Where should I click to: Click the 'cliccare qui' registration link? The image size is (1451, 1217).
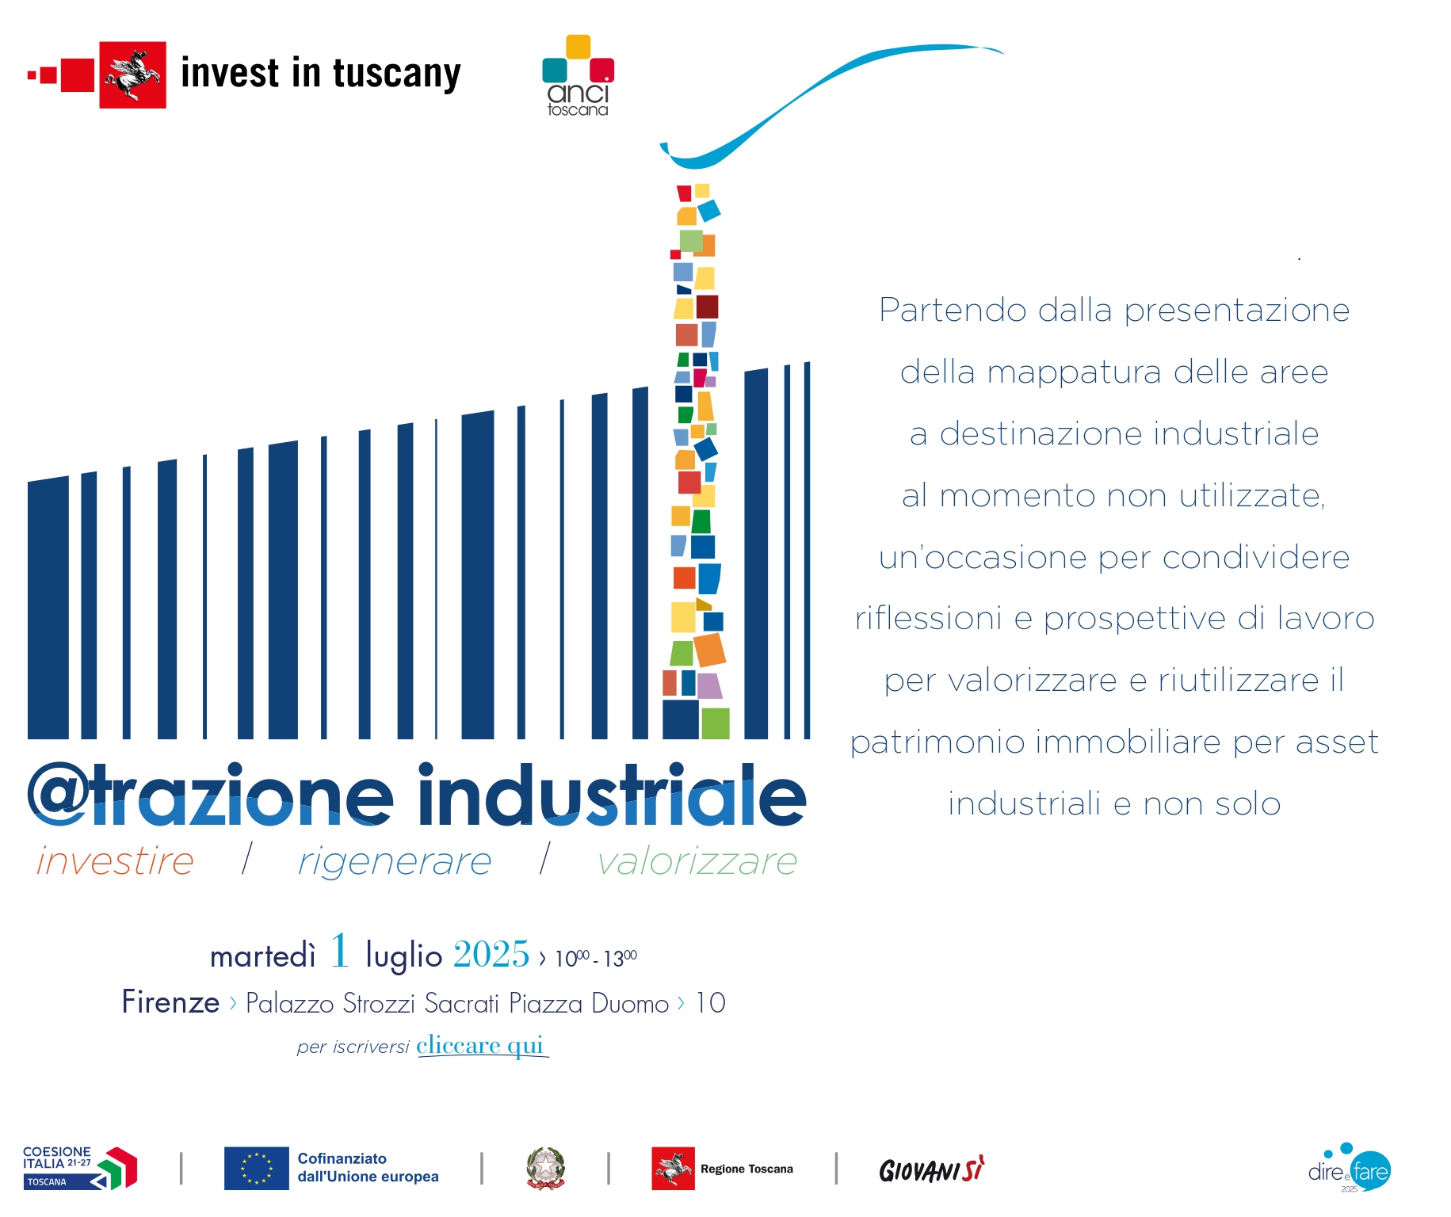coord(480,1046)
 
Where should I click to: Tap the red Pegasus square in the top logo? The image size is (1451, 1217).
coord(132,74)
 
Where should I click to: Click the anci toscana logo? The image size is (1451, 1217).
coord(578,76)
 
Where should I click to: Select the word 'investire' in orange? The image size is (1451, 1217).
coord(116,861)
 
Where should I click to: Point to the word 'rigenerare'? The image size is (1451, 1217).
coord(395,861)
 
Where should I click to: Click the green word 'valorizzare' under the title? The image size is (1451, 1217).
coord(697,861)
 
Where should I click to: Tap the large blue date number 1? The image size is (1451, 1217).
coord(340,951)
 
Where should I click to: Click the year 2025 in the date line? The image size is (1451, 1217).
coord(491,955)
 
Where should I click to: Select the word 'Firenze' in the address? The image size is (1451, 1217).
coord(170,1003)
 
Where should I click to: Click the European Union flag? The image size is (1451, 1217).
coord(256,1169)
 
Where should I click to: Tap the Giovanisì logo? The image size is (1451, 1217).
coord(932,1169)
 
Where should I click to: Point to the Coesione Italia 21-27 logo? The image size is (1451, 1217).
coord(79,1168)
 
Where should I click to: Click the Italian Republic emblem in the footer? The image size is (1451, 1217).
coord(546,1169)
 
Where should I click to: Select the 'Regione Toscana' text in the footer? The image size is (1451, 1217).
coord(747,1169)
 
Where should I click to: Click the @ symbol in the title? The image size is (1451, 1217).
coord(57,794)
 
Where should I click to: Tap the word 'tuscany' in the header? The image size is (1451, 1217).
coord(396,74)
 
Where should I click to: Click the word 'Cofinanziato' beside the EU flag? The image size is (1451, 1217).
coord(342,1158)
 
